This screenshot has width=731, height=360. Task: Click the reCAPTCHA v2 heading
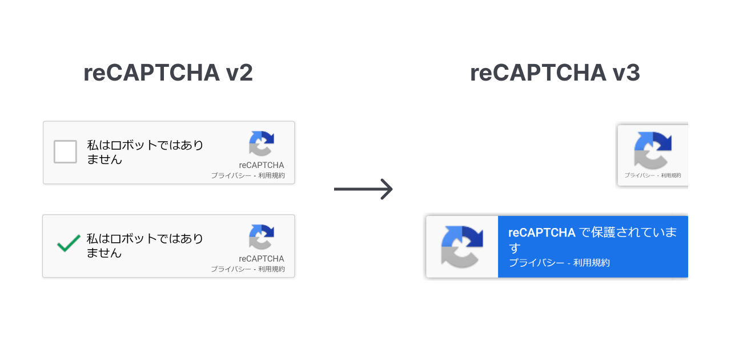pos(168,73)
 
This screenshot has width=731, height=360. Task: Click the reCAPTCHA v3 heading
pos(555,73)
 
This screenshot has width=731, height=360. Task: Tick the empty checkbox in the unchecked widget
pos(65,152)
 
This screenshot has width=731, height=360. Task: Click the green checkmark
pos(68,245)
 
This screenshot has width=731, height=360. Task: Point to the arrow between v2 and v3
pos(363,189)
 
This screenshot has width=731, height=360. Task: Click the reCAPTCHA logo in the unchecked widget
pos(262,143)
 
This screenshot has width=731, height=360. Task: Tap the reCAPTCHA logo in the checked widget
pos(262,237)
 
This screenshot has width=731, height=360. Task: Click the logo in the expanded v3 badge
pos(462,247)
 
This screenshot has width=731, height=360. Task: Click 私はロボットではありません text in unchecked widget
pos(144,152)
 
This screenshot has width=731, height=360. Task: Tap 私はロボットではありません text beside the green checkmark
pos(144,245)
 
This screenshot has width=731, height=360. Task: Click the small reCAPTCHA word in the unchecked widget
pos(262,165)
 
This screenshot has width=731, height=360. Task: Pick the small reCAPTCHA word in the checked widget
pos(262,258)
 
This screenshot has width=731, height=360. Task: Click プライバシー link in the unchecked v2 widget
pos(231,175)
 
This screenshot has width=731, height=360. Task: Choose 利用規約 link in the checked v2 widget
pos(271,269)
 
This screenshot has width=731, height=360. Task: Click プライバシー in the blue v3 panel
pos(536,263)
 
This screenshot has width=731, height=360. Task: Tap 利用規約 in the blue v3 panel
pos(592,263)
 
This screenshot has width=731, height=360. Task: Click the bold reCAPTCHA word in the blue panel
pos(541,233)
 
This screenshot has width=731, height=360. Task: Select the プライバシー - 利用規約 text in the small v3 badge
pos(653,175)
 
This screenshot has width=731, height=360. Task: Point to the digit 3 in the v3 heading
pos(632,73)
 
